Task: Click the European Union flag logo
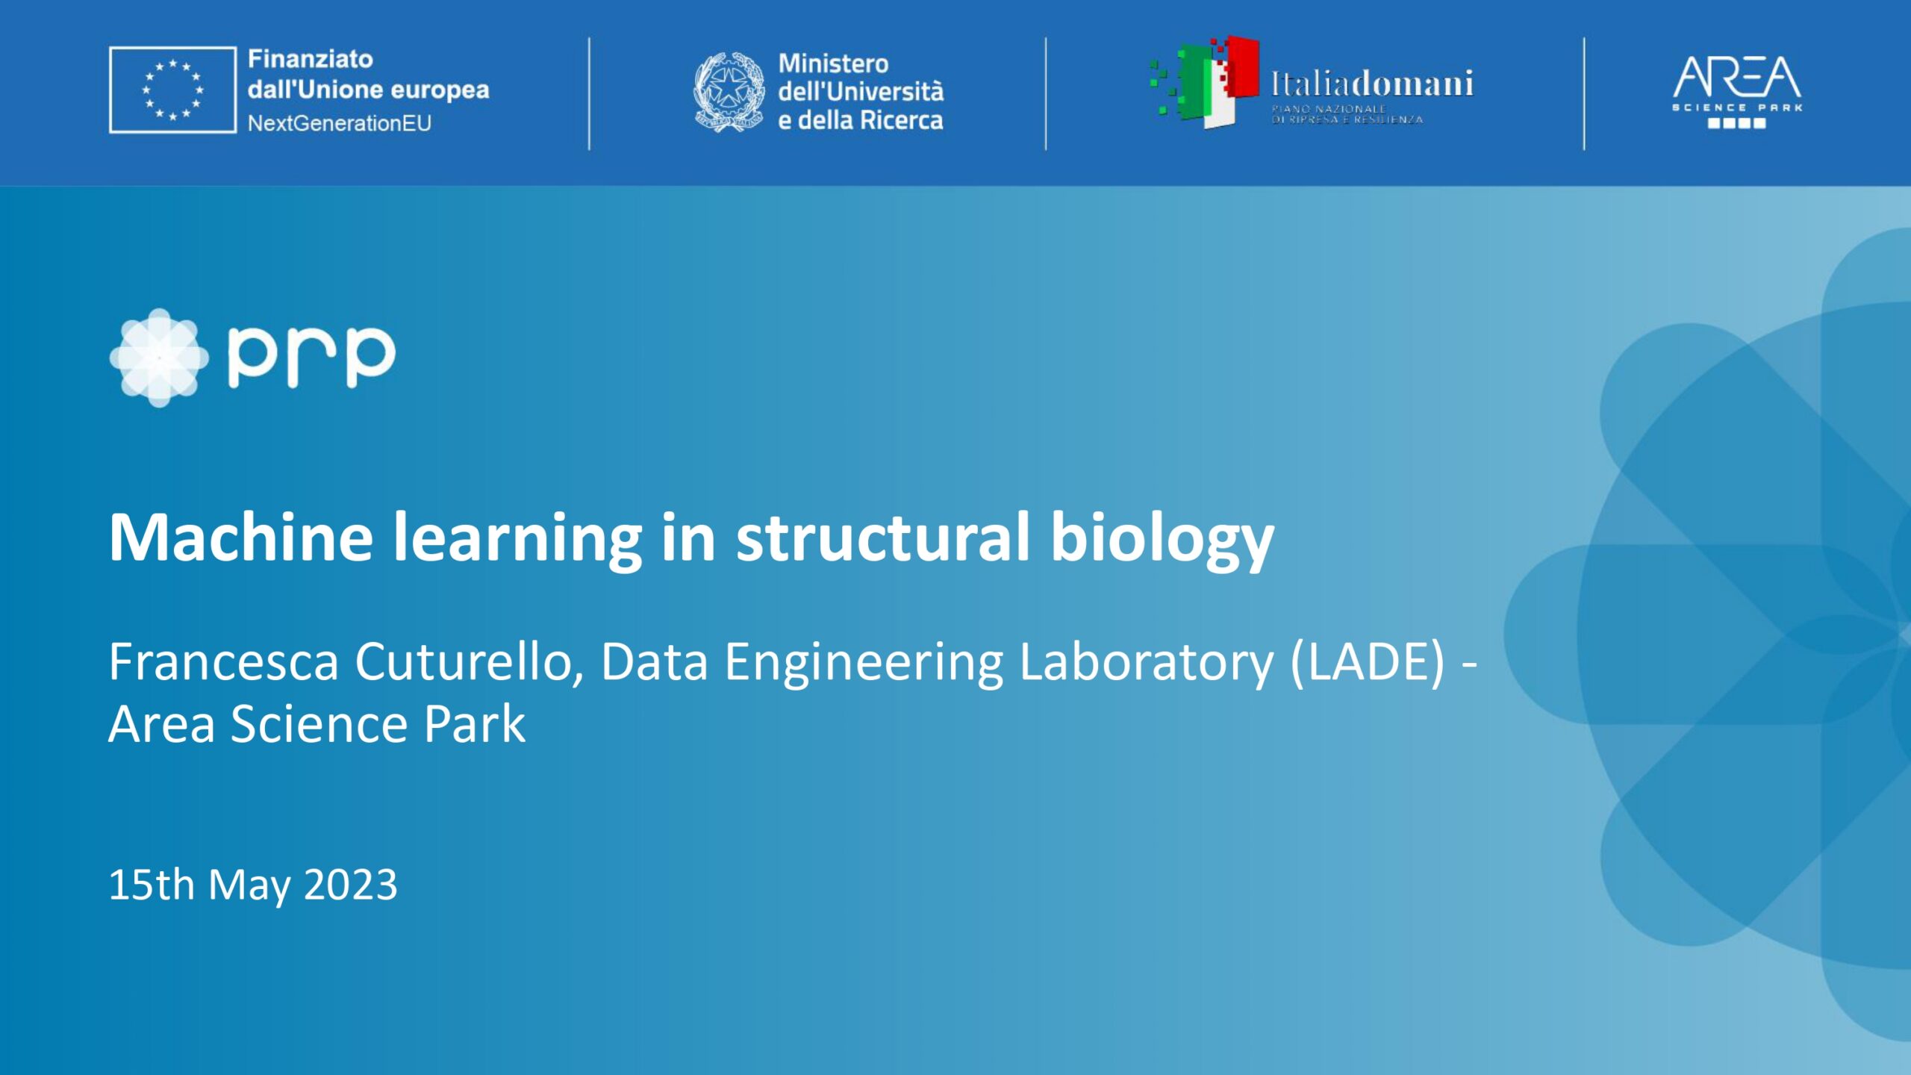[x=172, y=90]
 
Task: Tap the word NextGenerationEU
[x=340, y=123]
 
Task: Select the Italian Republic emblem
[x=729, y=92]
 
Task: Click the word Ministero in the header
[x=833, y=63]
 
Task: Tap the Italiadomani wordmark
[x=1372, y=84]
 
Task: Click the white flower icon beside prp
[x=160, y=358]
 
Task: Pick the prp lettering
[x=311, y=357]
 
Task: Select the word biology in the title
[x=1162, y=539]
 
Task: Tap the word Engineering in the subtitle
[x=864, y=663]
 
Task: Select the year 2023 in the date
[x=350, y=885]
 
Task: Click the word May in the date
[x=249, y=886]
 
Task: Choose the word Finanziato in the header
[x=310, y=59]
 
